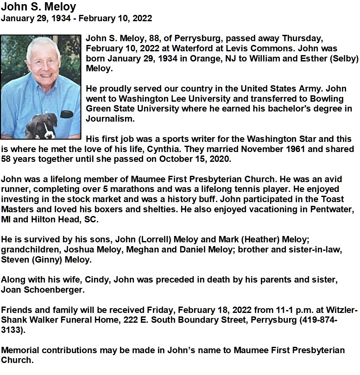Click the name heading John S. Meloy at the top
tap(39, 7)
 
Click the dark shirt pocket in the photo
tap(67, 114)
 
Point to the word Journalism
tap(110, 119)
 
